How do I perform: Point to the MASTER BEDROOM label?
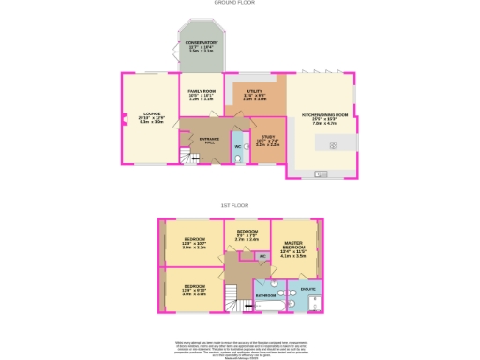[x=294, y=246]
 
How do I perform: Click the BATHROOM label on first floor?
[x=265, y=295]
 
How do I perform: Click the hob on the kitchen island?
[x=334, y=144]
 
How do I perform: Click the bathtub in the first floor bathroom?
[x=266, y=305]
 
